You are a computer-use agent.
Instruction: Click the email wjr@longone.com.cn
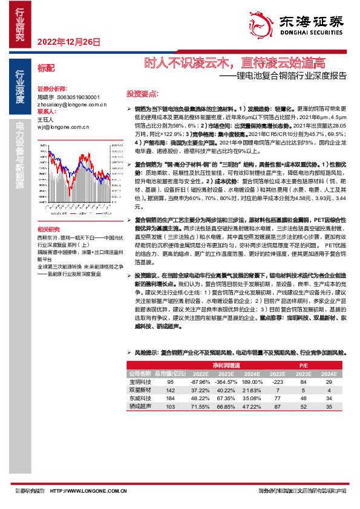click(x=63, y=127)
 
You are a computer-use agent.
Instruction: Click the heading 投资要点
click(x=142, y=94)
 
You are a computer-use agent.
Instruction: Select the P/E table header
click(x=303, y=366)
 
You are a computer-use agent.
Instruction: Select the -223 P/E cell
click(x=278, y=382)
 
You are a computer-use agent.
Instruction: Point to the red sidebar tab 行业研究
click(x=20, y=24)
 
